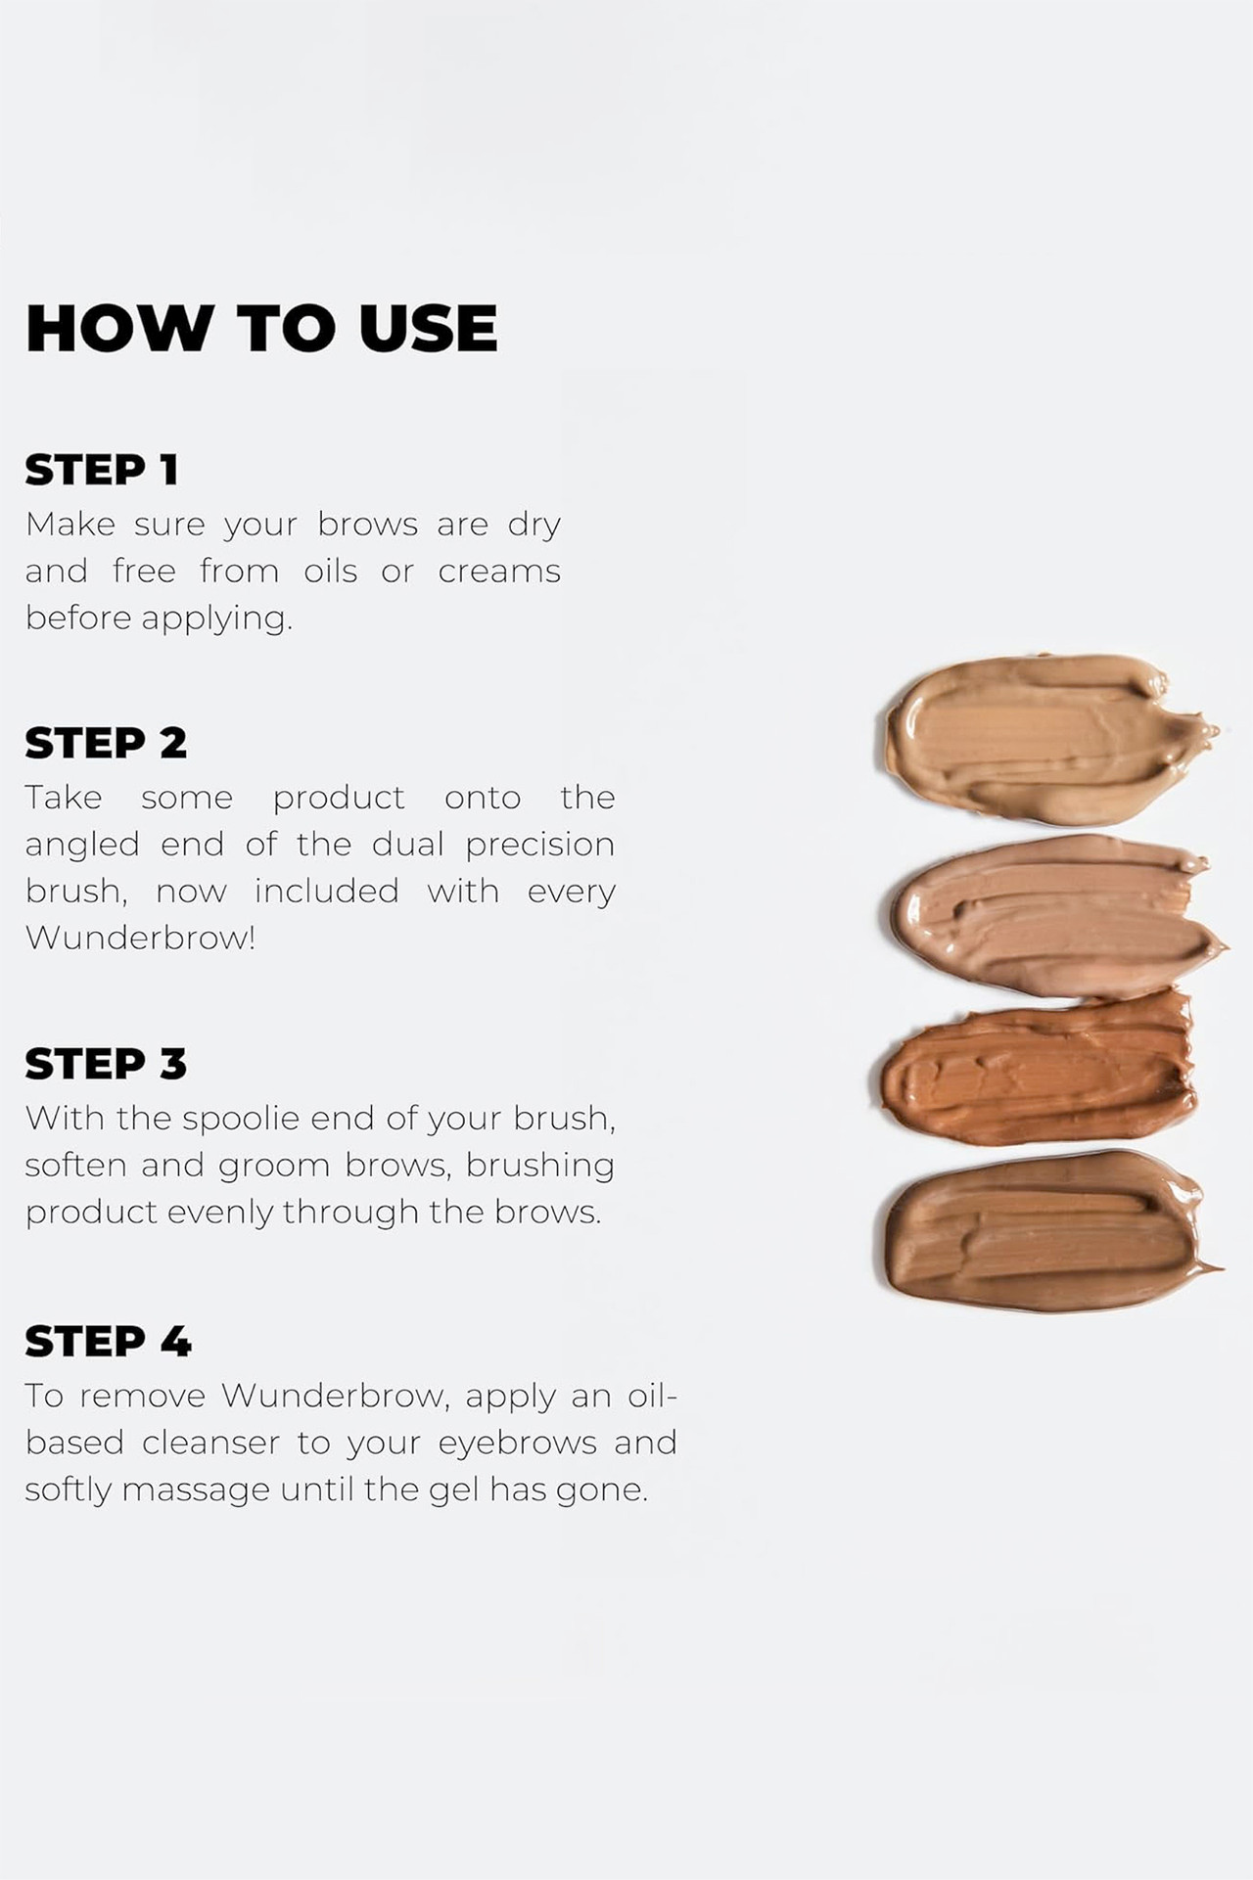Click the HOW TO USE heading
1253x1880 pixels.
coord(261,328)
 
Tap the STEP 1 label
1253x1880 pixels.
coord(102,470)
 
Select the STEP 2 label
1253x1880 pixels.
coord(106,743)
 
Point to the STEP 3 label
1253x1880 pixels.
coord(106,1064)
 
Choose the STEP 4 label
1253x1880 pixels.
coord(108,1341)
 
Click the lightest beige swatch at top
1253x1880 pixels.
coord(1047,739)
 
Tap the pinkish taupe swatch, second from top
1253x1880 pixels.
coord(1057,915)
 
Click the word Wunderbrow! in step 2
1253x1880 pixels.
coord(140,938)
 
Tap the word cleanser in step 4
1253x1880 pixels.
coord(209,1443)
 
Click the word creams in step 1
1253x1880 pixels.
coord(499,572)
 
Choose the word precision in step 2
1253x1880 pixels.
coord(540,846)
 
